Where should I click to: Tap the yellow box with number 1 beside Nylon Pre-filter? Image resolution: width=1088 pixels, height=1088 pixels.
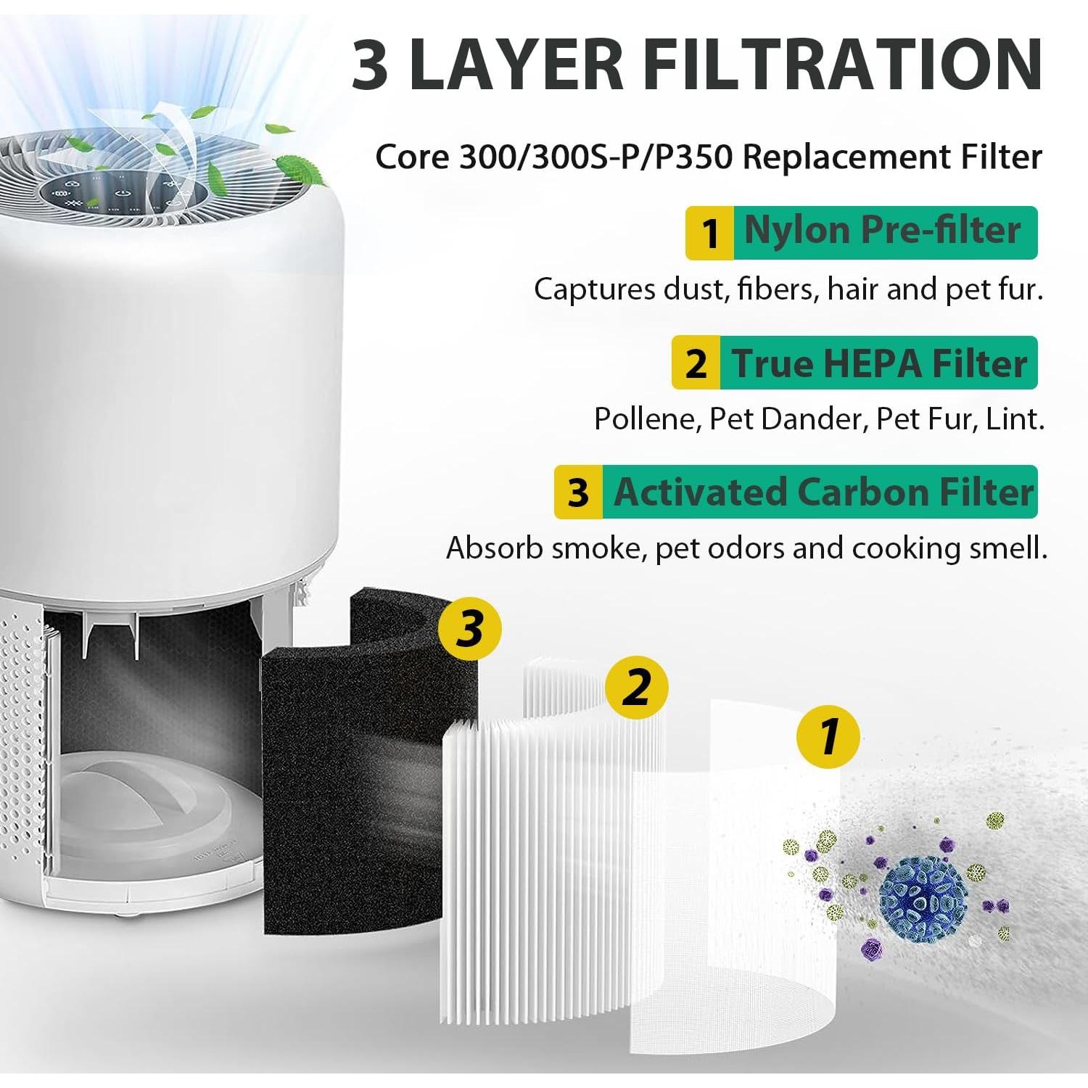pyautogui.click(x=710, y=233)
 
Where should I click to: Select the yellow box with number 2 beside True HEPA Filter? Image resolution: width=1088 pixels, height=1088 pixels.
pyautogui.click(x=696, y=363)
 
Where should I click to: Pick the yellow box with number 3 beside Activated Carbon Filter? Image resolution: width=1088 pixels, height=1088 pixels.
pyautogui.click(x=578, y=493)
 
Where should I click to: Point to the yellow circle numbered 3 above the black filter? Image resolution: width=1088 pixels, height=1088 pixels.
pyautogui.click(x=470, y=628)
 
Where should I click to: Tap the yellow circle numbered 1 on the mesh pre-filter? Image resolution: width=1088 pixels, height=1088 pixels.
pyautogui.click(x=828, y=737)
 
